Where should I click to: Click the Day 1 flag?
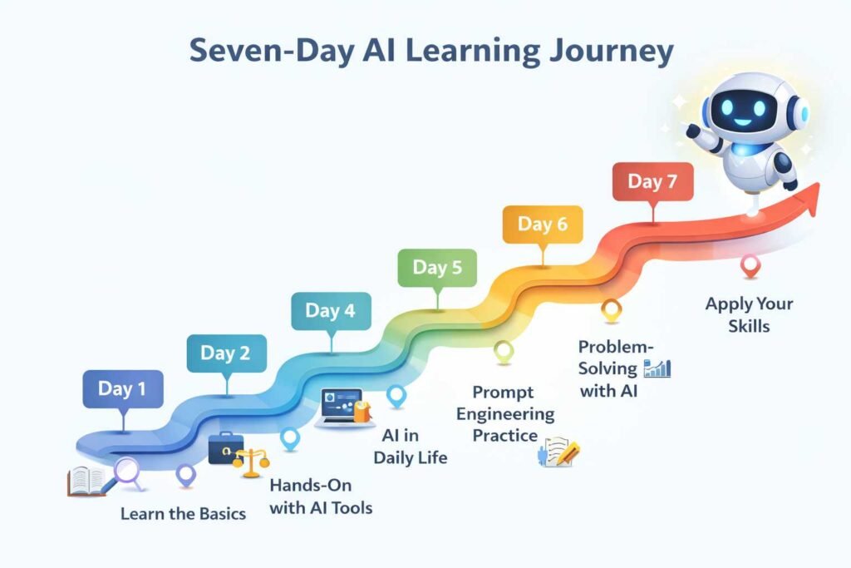tap(122, 388)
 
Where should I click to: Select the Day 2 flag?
tap(226, 353)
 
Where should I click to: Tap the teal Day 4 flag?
tap(330, 311)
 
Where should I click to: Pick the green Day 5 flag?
tap(436, 268)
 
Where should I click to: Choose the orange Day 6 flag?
tap(542, 225)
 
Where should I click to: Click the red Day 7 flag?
tap(652, 182)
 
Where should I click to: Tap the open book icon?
tap(88, 481)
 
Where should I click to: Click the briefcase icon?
tap(225, 448)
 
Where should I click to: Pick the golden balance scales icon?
tap(251, 462)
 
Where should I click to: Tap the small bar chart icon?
tap(657, 368)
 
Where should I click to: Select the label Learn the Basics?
tap(183, 513)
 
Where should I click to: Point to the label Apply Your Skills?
tap(749, 314)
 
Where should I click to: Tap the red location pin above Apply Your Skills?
tap(750, 265)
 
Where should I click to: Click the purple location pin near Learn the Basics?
tap(185, 475)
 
